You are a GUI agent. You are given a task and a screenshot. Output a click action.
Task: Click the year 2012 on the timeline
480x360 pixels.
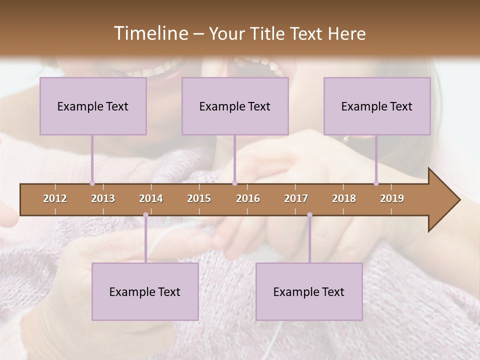(x=55, y=198)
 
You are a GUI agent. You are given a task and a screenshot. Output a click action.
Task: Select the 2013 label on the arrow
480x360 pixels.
(x=103, y=198)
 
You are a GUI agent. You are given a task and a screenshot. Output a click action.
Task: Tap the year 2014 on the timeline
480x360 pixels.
(x=151, y=198)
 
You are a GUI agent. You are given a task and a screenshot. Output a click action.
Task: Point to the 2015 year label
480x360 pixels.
(x=199, y=198)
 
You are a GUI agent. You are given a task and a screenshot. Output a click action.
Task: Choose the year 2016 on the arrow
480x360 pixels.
(x=248, y=198)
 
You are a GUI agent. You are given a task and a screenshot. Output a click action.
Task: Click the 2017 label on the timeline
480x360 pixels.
(x=296, y=198)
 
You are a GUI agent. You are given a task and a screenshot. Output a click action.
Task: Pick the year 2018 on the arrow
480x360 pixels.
(x=344, y=198)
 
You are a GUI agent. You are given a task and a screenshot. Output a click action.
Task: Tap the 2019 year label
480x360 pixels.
(x=392, y=198)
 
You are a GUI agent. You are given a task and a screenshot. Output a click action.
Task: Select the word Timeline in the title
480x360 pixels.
(x=150, y=33)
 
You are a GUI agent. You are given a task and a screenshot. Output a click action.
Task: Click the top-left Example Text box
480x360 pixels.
(x=93, y=106)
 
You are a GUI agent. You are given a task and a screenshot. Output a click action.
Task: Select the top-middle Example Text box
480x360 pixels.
(x=235, y=106)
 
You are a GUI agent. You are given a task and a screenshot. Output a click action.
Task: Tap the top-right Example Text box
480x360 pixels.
(x=377, y=106)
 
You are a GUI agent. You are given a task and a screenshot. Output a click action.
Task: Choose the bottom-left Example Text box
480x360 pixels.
(x=145, y=291)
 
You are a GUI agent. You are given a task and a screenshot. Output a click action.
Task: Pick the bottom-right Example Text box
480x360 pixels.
(x=309, y=291)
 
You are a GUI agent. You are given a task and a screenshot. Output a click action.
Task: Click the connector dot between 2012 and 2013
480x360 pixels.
(x=92, y=183)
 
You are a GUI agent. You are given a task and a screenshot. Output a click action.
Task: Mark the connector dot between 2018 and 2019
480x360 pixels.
(x=376, y=183)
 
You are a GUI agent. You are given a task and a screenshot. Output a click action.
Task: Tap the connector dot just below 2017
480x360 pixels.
(x=309, y=215)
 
